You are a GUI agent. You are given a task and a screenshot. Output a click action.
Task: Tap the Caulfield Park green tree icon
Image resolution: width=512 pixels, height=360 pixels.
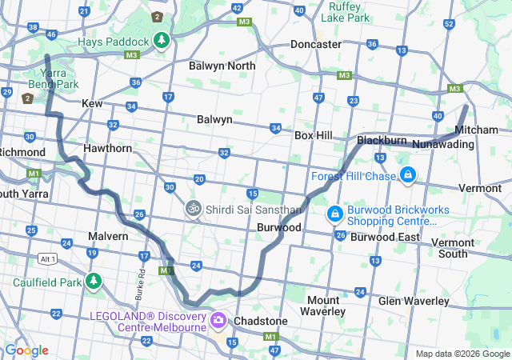pyautogui.click(x=94, y=281)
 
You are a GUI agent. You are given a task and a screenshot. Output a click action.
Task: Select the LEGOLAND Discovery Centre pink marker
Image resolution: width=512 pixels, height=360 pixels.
pyautogui.click(x=218, y=321)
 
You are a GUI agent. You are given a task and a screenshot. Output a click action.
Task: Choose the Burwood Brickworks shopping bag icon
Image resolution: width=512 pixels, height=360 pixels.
pyautogui.click(x=334, y=214)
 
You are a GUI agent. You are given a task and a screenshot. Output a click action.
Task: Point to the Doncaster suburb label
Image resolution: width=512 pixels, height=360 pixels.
pyautogui.click(x=316, y=44)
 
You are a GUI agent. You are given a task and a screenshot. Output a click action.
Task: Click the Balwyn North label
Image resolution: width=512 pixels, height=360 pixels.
pyautogui.click(x=222, y=66)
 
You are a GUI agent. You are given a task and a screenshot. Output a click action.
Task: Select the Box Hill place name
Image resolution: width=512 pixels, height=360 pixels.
pyautogui.click(x=313, y=136)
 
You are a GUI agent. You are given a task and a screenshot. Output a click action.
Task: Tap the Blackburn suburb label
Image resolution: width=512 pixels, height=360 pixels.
pyautogui.click(x=382, y=139)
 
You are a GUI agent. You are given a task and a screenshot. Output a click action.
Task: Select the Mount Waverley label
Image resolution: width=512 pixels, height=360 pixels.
pyautogui.click(x=327, y=305)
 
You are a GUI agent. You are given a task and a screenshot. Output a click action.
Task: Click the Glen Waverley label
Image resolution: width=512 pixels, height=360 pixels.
pyautogui.click(x=414, y=301)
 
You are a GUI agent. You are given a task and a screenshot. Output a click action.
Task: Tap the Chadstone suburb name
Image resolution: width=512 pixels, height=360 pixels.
pyautogui.click(x=261, y=321)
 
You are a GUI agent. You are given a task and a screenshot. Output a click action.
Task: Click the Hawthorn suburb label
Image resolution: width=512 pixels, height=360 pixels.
pyautogui.click(x=107, y=148)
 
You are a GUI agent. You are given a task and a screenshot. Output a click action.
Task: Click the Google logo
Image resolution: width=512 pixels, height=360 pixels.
pyautogui.click(x=26, y=350)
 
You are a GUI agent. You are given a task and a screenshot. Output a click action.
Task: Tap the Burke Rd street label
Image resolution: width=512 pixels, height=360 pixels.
pyautogui.click(x=141, y=280)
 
